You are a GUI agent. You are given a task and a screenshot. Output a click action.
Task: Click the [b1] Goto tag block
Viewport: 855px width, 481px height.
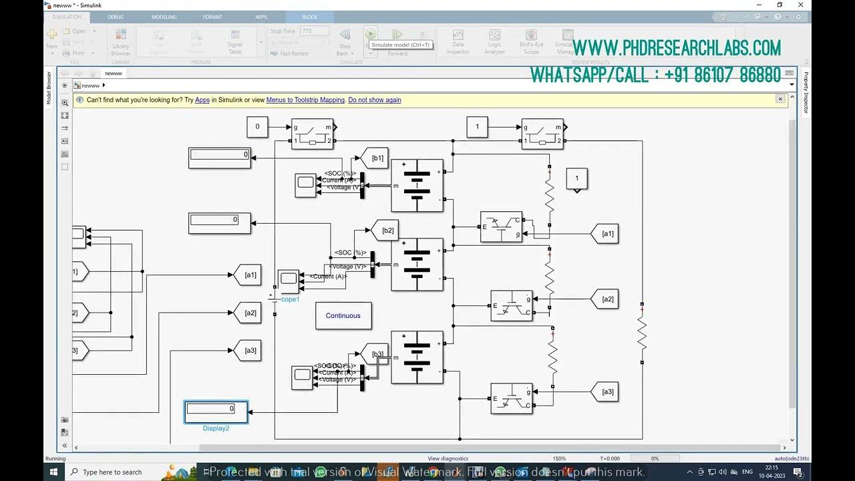point(375,158)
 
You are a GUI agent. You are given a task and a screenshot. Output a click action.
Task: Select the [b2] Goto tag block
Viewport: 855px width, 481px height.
point(385,230)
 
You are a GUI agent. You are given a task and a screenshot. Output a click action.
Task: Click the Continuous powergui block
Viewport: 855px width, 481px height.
point(343,315)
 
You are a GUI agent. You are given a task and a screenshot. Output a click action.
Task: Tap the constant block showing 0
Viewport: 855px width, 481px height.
point(257,126)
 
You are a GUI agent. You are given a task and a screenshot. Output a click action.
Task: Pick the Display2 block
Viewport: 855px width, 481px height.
point(216,412)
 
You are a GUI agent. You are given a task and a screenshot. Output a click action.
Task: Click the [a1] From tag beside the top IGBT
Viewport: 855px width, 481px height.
point(606,234)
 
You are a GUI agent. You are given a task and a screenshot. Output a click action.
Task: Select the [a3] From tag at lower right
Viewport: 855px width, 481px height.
point(606,391)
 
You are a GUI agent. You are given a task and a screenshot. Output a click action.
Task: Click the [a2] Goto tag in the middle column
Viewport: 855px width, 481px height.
point(248,313)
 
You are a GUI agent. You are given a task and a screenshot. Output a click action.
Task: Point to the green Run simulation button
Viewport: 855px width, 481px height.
point(371,33)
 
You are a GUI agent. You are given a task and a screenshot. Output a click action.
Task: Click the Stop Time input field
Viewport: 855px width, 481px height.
point(315,31)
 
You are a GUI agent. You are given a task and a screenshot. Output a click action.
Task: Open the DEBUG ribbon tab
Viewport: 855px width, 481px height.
point(116,17)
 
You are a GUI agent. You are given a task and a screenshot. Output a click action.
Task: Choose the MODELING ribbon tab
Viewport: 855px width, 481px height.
point(164,17)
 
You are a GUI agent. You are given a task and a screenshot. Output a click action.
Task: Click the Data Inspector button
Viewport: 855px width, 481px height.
point(458,41)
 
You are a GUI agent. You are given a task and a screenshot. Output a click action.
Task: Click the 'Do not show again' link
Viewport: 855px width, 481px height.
point(375,100)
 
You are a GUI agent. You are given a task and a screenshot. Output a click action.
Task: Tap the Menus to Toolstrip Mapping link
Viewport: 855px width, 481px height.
point(305,100)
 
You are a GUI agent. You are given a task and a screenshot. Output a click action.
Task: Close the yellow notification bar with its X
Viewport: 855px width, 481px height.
point(780,99)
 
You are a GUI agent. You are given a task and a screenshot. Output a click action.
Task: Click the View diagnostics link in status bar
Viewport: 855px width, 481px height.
point(448,458)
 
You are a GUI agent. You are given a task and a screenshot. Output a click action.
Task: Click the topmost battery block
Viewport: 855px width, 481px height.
point(417,186)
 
